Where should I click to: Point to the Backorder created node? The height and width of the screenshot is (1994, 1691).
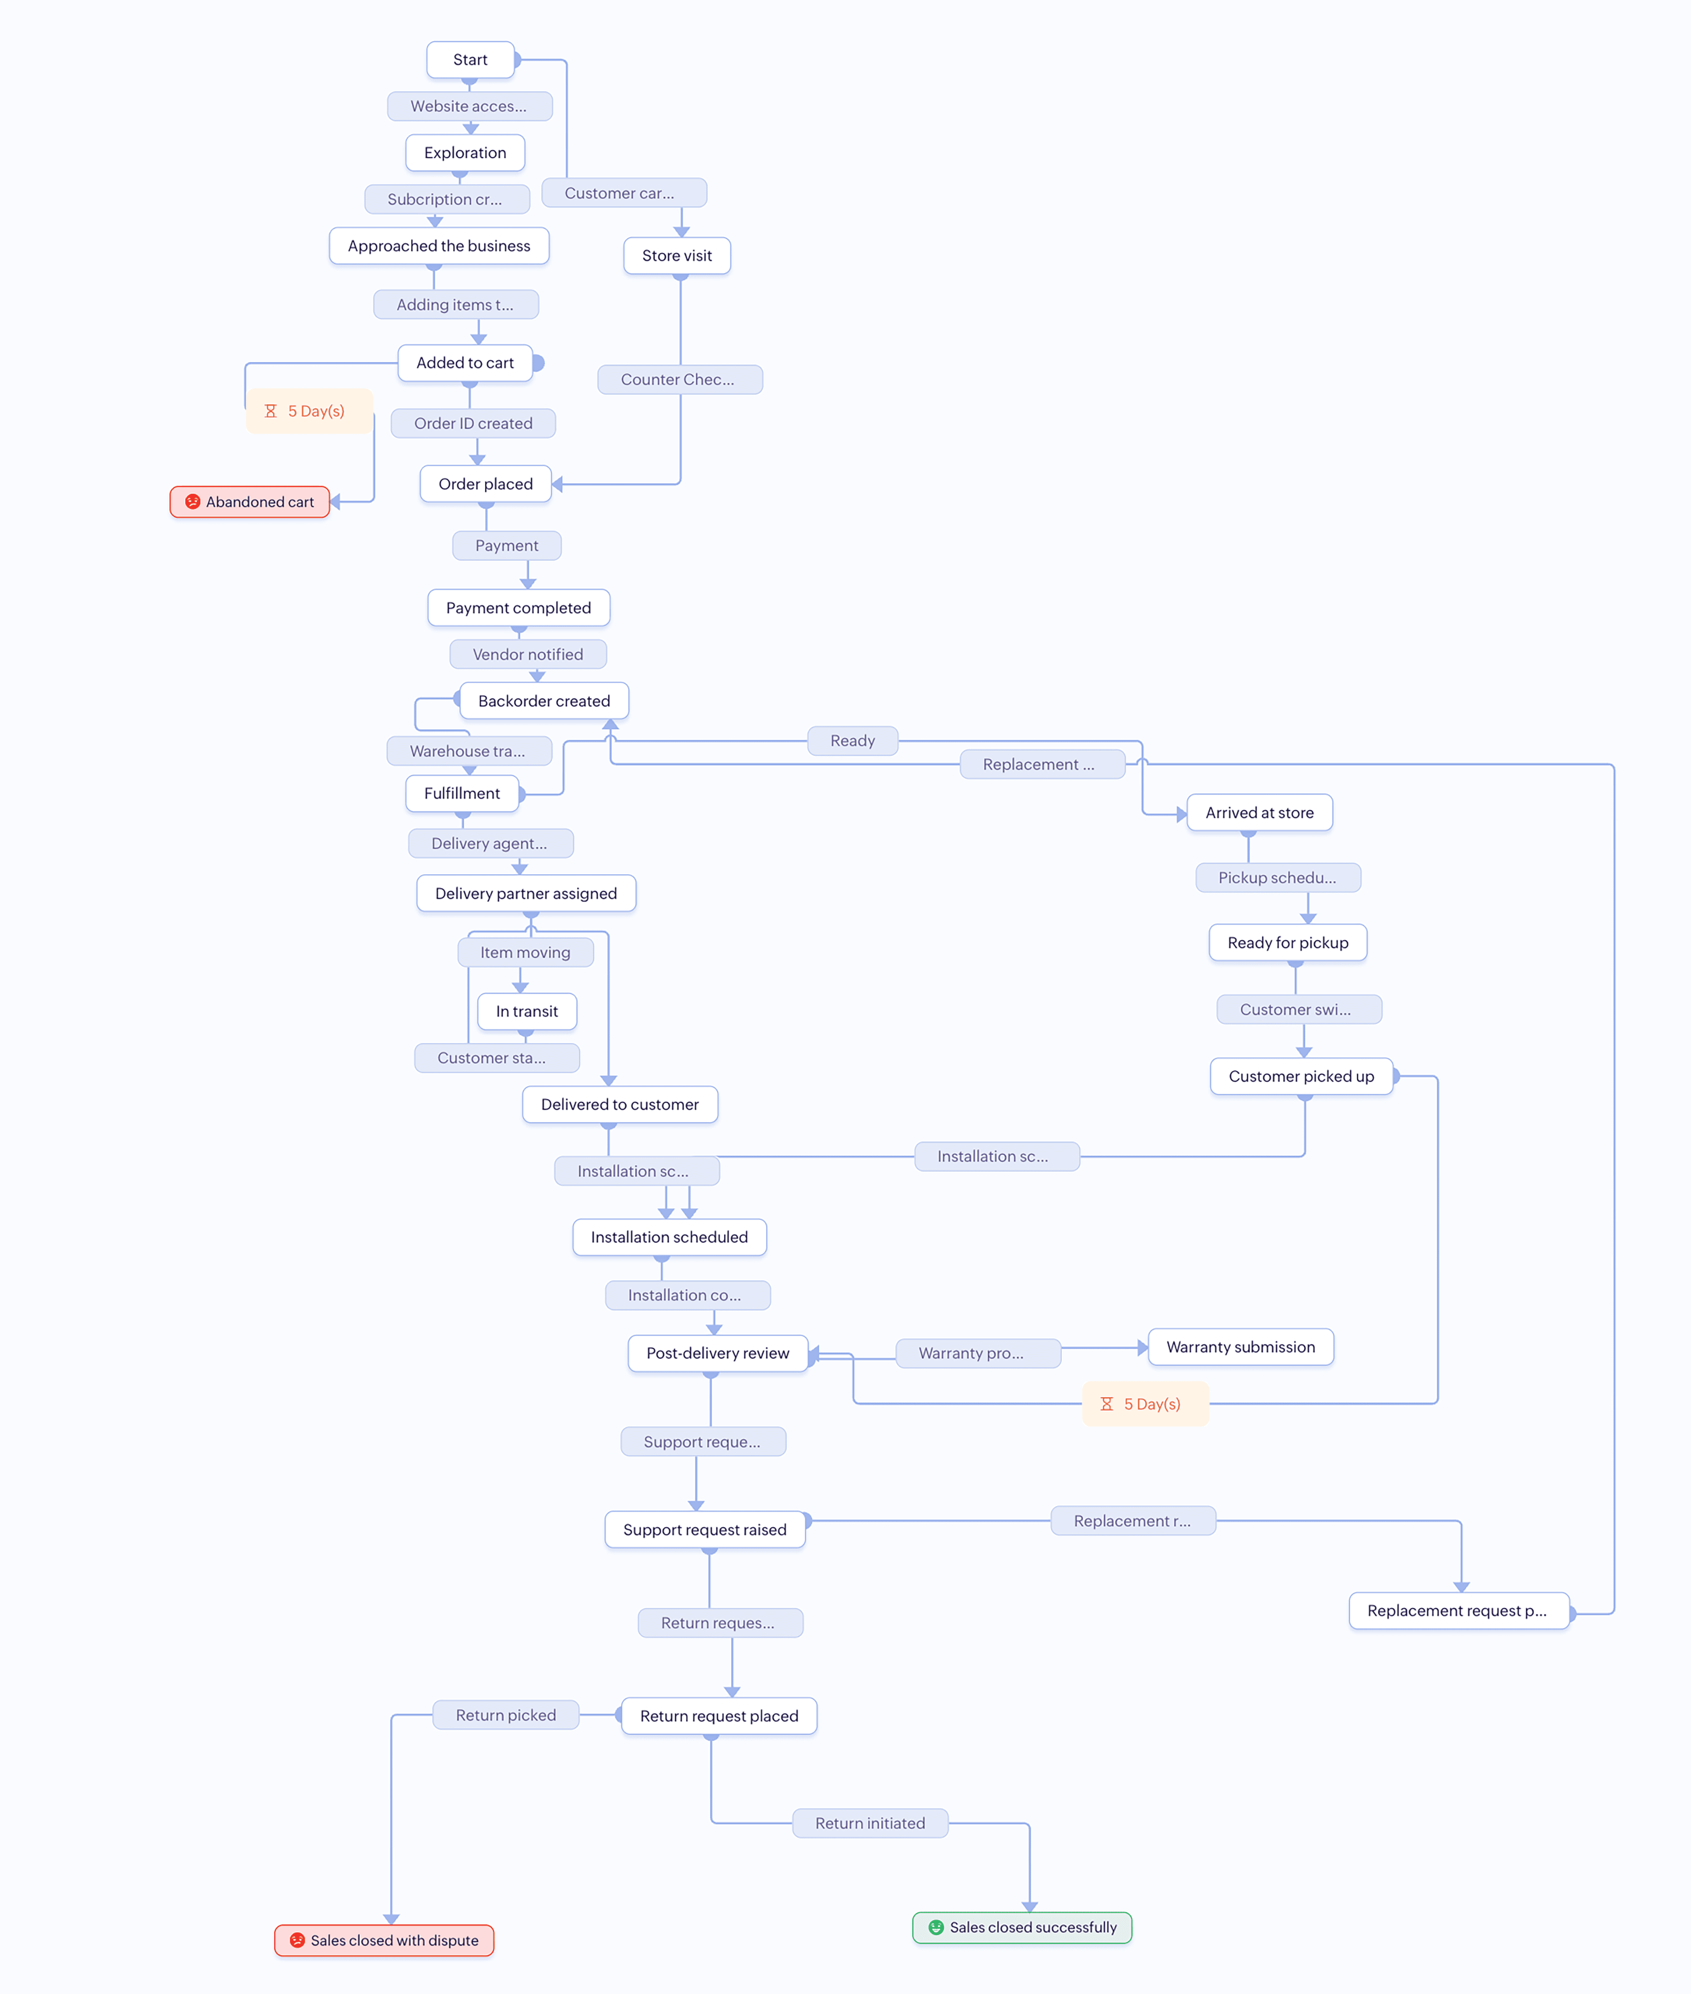544,701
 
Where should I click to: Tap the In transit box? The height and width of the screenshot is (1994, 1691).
526,1012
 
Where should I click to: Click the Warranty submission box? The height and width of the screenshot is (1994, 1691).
1241,1347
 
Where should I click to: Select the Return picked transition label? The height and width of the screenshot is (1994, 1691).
505,1715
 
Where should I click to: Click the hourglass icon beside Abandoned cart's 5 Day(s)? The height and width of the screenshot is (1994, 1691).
270,411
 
